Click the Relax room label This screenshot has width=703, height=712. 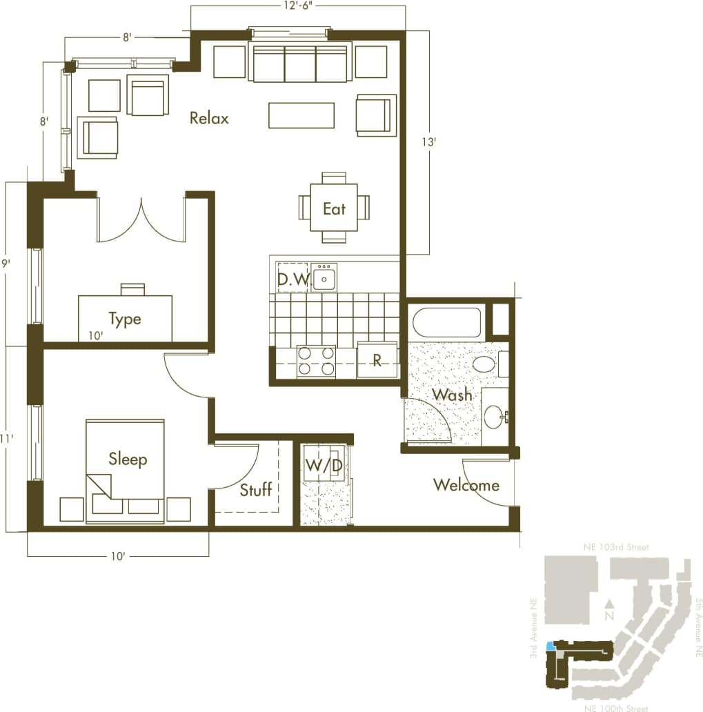(x=209, y=118)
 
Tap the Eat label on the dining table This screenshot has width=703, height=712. (x=334, y=208)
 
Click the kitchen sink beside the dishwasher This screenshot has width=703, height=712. (x=324, y=277)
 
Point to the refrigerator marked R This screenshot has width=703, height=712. (x=377, y=361)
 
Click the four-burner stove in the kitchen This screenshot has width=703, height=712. (x=316, y=361)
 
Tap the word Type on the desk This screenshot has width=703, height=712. (x=125, y=319)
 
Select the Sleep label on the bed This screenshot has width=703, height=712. (x=128, y=459)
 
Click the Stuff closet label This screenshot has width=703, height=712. (x=256, y=490)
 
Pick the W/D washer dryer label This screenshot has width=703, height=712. (x=324, y=466)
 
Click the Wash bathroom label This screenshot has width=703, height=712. (x=452, y=395)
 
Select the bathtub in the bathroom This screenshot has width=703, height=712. (x=446, y=322)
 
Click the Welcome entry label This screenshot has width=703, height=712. (x=466, y=485)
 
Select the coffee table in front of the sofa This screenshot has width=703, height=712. (x=301, y=115)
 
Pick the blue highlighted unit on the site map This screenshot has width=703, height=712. (x=550, y=647)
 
